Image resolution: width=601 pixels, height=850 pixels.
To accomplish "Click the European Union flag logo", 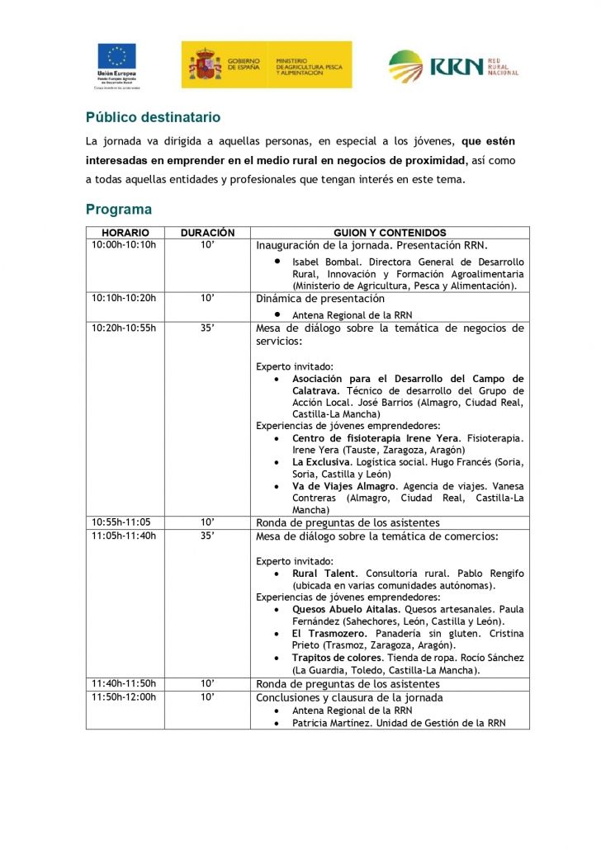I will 117,56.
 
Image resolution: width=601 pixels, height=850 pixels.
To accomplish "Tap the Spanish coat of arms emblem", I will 206,64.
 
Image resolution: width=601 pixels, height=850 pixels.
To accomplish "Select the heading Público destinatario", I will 153,117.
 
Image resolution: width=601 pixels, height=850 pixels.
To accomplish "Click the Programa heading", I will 119,210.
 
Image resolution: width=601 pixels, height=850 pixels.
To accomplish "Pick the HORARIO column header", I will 125,233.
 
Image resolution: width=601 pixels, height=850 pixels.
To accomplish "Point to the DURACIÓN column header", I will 208,233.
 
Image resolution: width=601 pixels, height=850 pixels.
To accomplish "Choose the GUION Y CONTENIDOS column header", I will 390,233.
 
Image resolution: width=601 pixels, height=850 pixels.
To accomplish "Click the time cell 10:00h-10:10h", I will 124,245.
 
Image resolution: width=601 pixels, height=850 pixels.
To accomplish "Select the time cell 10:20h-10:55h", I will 124,328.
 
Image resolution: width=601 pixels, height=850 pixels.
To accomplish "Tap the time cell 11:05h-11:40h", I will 124,536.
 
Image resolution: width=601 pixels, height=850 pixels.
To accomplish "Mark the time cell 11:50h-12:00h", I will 124,697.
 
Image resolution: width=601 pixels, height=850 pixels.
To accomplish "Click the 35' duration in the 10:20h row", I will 208,328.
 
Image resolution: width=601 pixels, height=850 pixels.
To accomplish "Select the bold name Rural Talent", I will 324,574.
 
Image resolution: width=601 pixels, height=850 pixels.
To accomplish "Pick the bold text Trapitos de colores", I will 338,658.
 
